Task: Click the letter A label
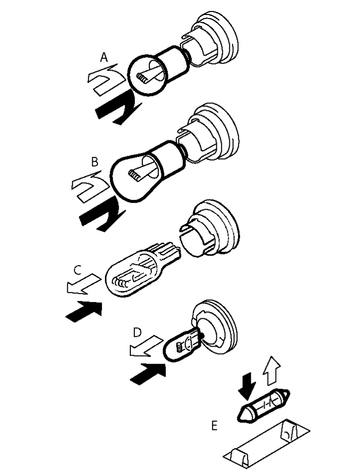point(104,57)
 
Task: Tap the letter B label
point(95,162)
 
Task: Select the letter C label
point(77,269)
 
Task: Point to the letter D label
point(137,332)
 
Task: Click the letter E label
point(215,425)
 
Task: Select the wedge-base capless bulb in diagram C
point(142,270)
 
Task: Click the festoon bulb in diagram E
point(263,405)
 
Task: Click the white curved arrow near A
point(104,79)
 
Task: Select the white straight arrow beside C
point(83,284)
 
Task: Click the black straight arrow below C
point(84,311)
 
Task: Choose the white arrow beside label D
point(146,347)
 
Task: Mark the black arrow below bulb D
point(148,373)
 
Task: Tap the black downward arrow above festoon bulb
point(248,386)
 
